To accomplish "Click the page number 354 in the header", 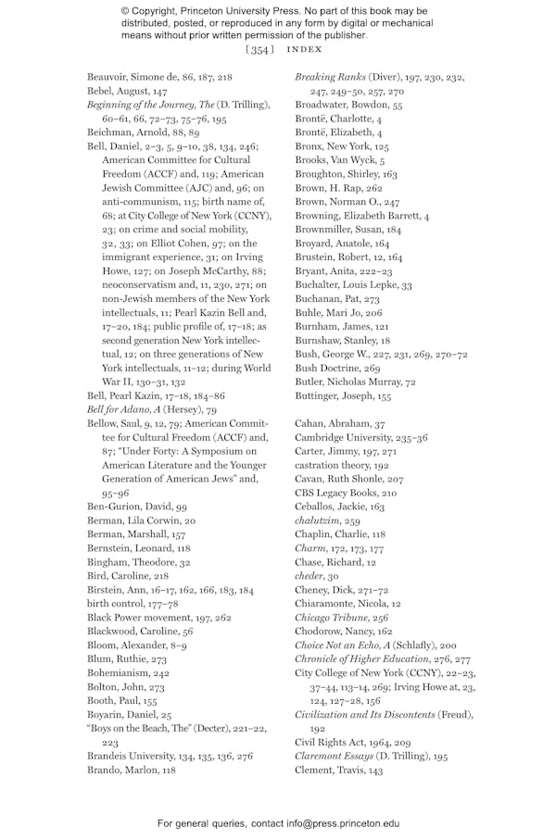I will (x=259, y=49).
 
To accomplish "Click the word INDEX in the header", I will (x=304, y=49).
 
